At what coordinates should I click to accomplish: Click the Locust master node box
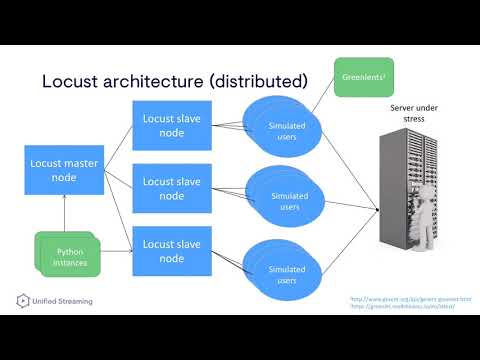pos(63,170)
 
